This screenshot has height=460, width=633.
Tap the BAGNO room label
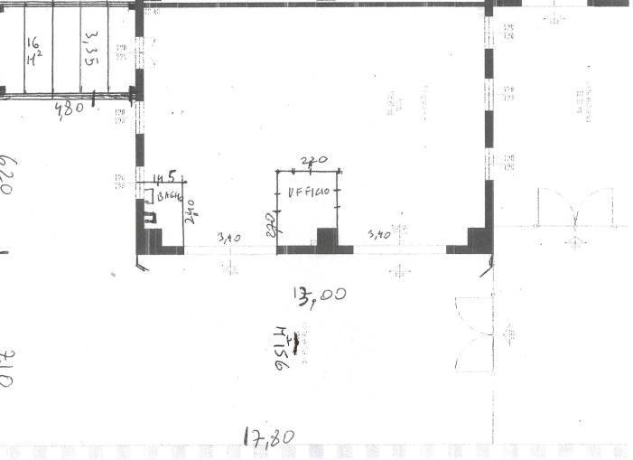pos(171,196)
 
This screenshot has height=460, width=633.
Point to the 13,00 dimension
pos(318,294)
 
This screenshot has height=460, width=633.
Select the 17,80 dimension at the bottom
pos(269,437)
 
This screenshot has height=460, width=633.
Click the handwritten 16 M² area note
pos(33,52)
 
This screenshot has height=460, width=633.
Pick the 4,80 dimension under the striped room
pos(69,108)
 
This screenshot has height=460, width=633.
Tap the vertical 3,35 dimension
pos(90,48)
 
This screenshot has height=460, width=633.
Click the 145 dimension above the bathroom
pos(163,177)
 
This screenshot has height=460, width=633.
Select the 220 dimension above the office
pos(312,161)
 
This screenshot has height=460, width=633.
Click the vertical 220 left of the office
pos(270,224)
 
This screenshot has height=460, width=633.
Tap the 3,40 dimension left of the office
pos(229,237)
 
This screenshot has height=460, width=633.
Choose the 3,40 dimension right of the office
pos(378,235)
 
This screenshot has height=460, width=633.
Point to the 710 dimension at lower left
pos(6,366)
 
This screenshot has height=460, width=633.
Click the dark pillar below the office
pos(326,239)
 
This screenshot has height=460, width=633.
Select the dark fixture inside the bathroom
pos(149,216)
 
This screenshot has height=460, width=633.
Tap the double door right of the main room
pos(573,208)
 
